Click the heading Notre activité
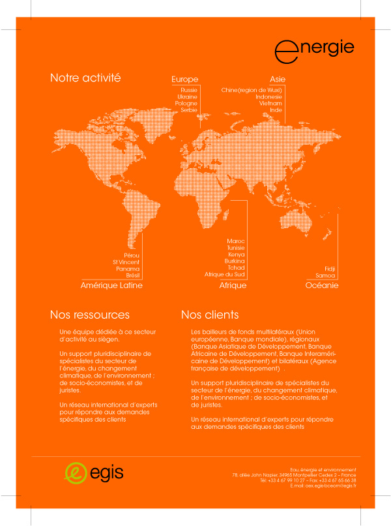coord(85,78)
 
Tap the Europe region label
coord(184,80)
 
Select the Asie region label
coord(278,80)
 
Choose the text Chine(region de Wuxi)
coord(252,89)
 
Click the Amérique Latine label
coord(111,285)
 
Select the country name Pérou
coord(132,255)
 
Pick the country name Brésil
coord(132,275)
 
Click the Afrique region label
coord(233,285)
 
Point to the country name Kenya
coord(236,254)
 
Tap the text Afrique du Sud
coord(225,274)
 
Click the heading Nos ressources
coord(89,315)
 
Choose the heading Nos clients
coord(209,315)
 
